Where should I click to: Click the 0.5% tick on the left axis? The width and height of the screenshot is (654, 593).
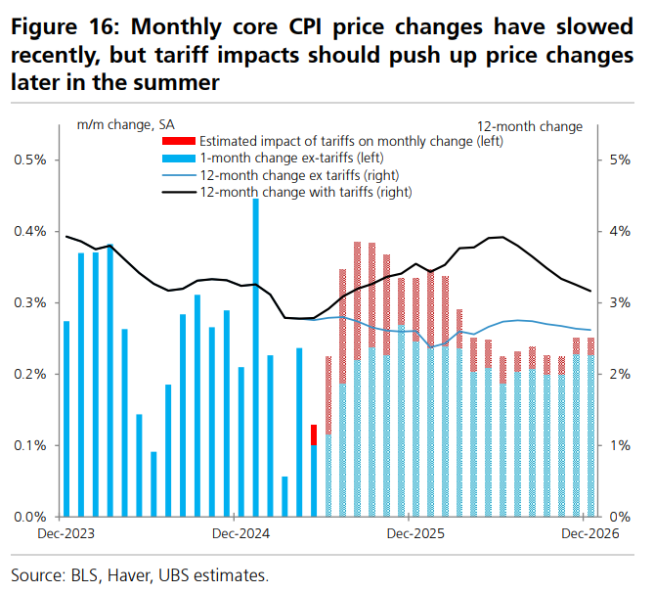[x=32, y=160]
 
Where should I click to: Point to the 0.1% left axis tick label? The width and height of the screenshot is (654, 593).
[x=32, y=445]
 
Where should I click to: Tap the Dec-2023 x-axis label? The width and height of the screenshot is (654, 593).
[x=61, y=534]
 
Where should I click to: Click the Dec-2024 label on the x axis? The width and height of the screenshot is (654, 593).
[x=235, y=534]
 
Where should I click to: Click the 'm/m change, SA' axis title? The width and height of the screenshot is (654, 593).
[x=125, y=126]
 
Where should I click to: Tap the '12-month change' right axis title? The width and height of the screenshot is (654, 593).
[x=530, y=126]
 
